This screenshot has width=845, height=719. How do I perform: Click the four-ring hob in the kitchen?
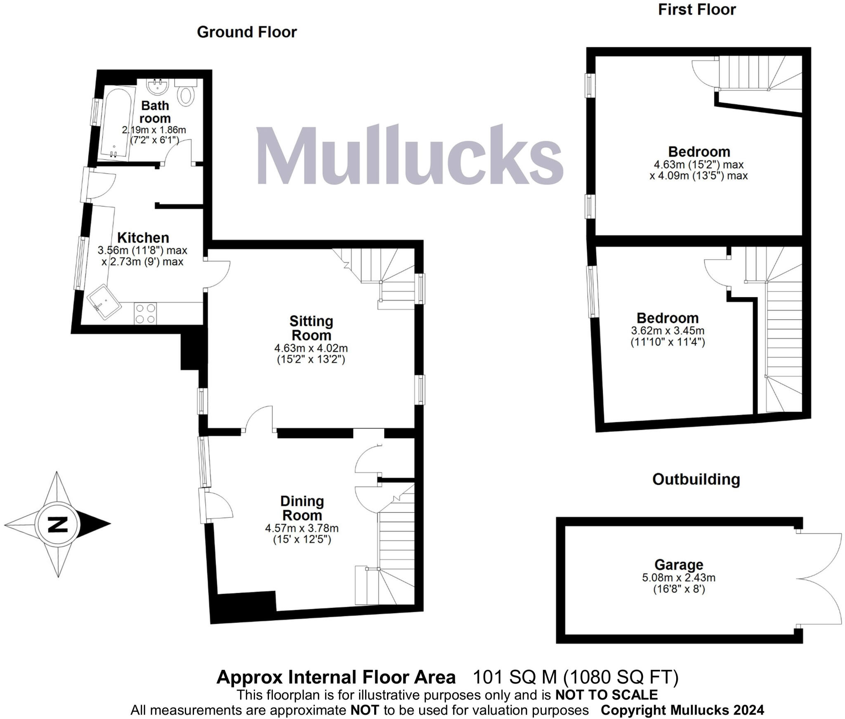click(x=145, y=313)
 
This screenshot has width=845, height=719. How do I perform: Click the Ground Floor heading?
click(x=247, y=32)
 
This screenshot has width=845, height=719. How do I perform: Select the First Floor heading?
click(x=696, y=9)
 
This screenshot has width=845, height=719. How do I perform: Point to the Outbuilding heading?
click(x=696, y=479)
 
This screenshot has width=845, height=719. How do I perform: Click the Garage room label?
click(x=678, y=564)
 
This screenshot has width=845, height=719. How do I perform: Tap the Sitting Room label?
click(x=311, y=328)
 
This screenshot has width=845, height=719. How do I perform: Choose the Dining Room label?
click(x=302, y=508)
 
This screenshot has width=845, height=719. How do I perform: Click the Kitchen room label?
click(x=143, y=238)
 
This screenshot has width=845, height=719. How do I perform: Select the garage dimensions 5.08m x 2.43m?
click(x=678, y=577)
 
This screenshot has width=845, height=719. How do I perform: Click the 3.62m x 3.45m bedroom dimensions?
click(x=668, y=330)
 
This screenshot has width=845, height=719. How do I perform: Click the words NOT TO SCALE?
click(x=607, y=695)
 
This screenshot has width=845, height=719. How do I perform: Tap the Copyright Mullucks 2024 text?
click(x=682, y=710)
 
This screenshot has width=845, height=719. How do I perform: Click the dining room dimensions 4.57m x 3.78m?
click(x=302, y=528)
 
